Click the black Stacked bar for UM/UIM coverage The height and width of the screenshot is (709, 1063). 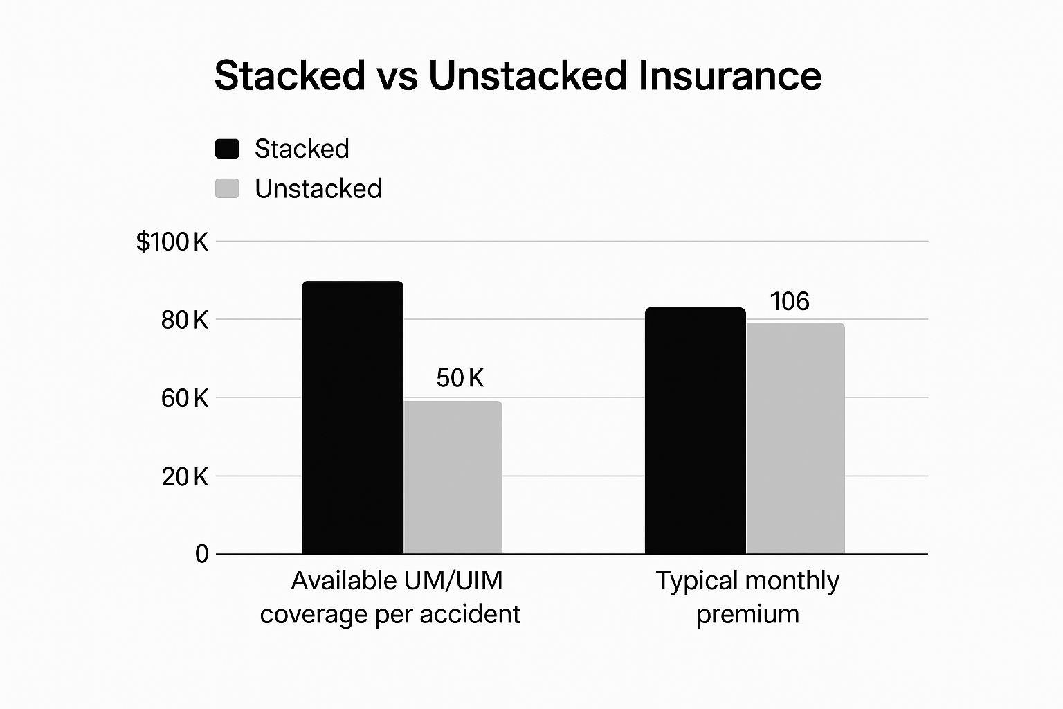pos(352,418)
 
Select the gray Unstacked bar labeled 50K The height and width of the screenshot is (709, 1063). pos(453,477)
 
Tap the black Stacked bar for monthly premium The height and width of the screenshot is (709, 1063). pos(695,431)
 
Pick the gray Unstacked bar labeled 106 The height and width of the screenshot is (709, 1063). pos(795,438)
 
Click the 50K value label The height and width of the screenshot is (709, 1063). pos(460,378)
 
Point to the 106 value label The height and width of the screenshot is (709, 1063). pos(790,302)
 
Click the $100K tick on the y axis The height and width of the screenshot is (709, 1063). pos(172,242)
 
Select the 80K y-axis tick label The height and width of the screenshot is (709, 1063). pos(184,320)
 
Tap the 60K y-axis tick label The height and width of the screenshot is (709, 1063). pos(184,398)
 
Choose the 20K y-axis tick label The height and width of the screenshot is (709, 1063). pos(184,476)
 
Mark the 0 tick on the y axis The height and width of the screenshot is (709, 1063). pos(201,554)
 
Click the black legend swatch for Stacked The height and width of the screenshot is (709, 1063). pos(227,149)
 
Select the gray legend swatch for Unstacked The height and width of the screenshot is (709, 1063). pos(227,188)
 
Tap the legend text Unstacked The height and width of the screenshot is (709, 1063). pos(318,188)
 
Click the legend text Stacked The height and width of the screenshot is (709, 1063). pos(302,149)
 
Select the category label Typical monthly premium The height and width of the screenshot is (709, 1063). pos(747,597)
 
